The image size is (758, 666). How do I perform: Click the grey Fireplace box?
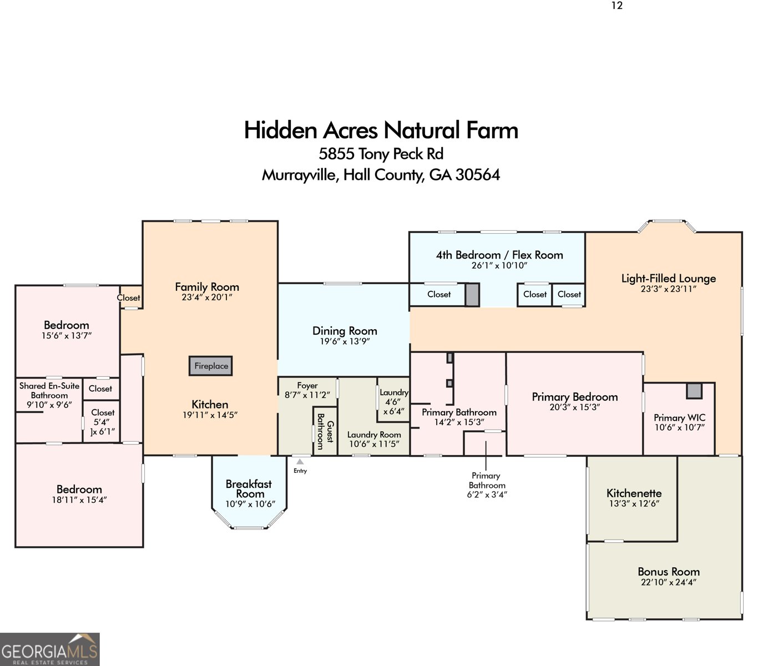point(210,366)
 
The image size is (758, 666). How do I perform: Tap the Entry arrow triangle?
point(300,462)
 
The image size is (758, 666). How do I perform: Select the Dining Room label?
point(345,331)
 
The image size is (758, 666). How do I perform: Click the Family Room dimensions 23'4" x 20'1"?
point(207,297)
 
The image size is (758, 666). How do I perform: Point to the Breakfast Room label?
point(249,488)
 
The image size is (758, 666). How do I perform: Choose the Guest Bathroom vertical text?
point(325,431)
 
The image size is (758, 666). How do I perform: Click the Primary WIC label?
point(679,417)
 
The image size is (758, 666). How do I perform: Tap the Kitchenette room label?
point(634,493)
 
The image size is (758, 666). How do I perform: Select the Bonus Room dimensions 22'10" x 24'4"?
point(669,582)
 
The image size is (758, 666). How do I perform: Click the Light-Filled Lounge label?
point(669,278)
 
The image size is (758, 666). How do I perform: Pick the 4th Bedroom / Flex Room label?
point(499,255)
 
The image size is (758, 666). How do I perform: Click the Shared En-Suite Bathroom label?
point(49,390)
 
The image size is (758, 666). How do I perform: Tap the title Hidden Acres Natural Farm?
point(381,130)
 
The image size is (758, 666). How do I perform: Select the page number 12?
point(617,5)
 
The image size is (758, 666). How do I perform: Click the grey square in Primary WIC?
point(694,391)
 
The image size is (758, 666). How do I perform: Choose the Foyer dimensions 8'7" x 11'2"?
point(307,395)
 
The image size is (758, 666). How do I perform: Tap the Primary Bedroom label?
point(575,397)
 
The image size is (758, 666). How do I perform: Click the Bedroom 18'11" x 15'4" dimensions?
point(79,500)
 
